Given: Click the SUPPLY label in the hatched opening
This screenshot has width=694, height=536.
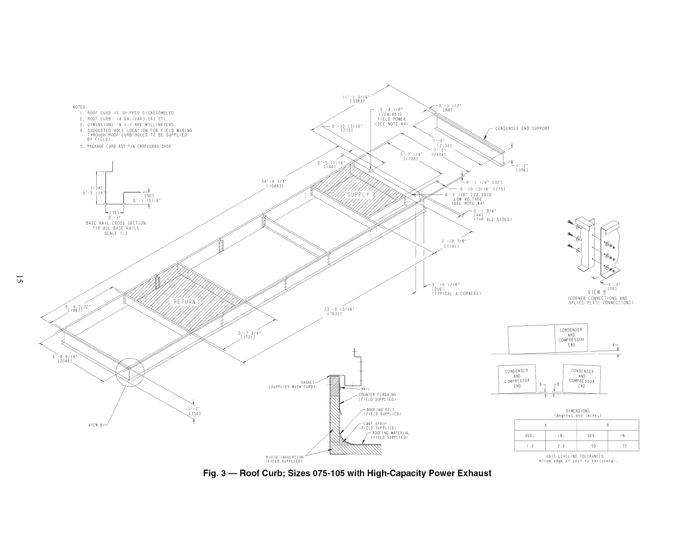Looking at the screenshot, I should click(358, 194).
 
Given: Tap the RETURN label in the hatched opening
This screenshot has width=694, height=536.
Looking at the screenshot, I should click(184, 302).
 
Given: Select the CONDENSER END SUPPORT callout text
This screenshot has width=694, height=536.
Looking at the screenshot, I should click(522, 128).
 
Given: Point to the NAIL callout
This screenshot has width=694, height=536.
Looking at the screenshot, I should click(366, 389).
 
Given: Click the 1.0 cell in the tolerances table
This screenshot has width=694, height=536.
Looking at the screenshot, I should click(530, 446).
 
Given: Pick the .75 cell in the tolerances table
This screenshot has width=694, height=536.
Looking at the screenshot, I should click(623, 446).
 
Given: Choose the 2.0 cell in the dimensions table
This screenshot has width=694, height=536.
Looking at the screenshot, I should click(561, 446).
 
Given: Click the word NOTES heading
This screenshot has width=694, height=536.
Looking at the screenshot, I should click(80, 107).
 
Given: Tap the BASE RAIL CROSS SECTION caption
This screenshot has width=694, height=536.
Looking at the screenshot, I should click(116, 223).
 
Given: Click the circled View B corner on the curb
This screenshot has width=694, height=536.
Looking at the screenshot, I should click(130, 372).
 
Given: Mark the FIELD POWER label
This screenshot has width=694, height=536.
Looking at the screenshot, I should click(391, 119).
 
